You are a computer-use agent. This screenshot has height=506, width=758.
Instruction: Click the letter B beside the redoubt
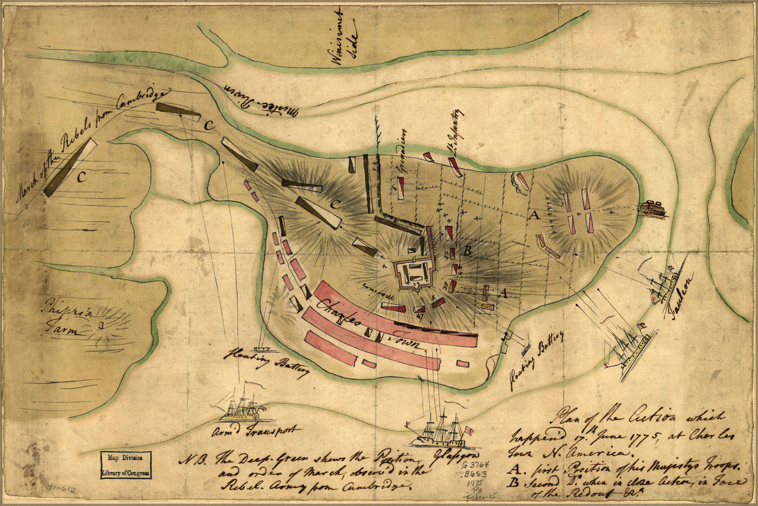(x=468, y=250)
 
